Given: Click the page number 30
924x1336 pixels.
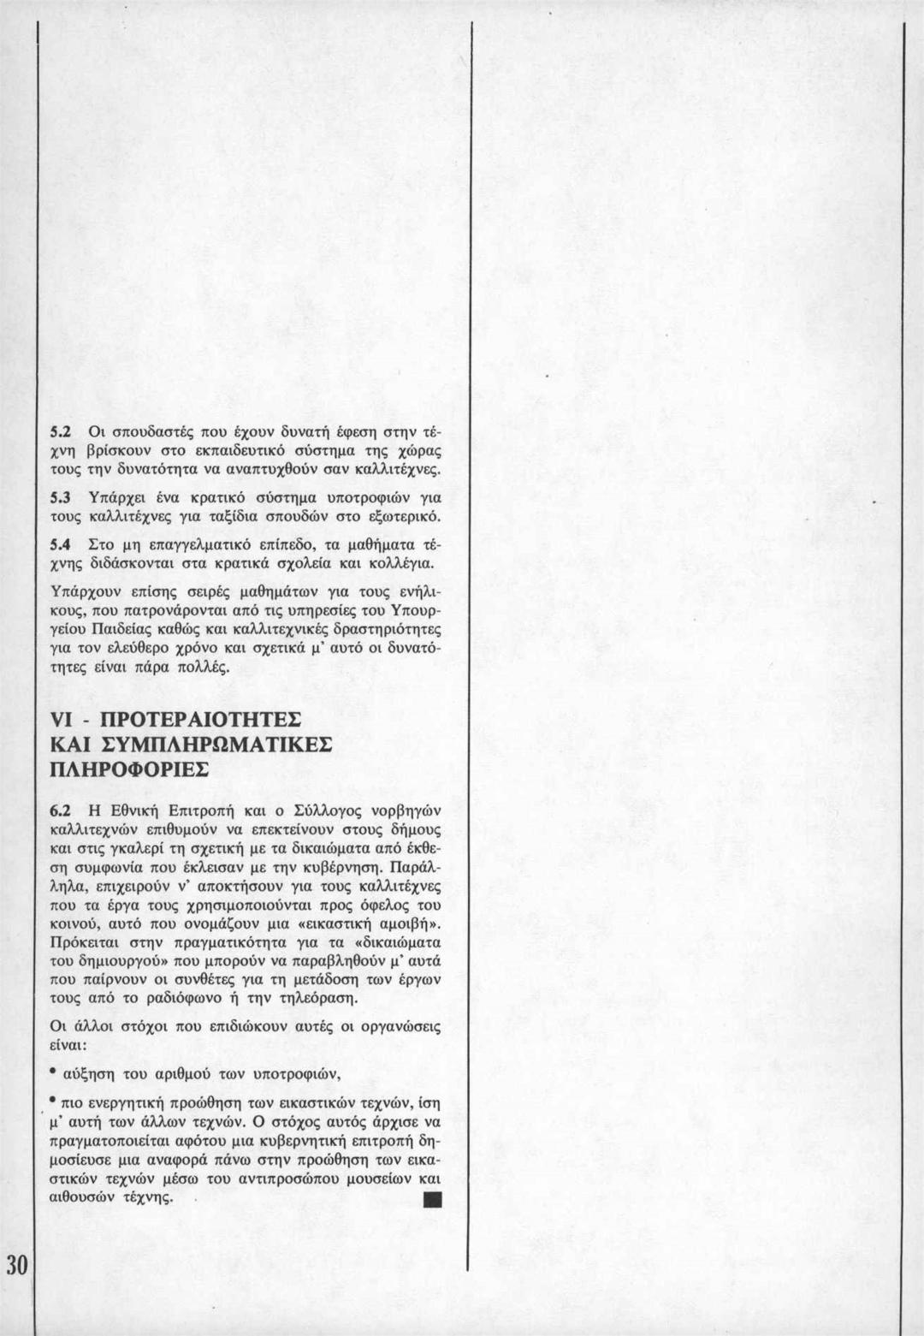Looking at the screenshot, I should click(16, 1262).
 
